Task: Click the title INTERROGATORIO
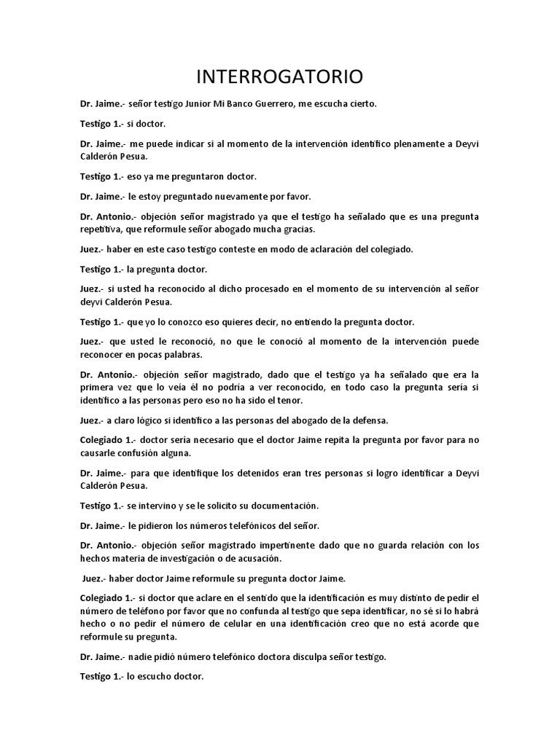point(280,76)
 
